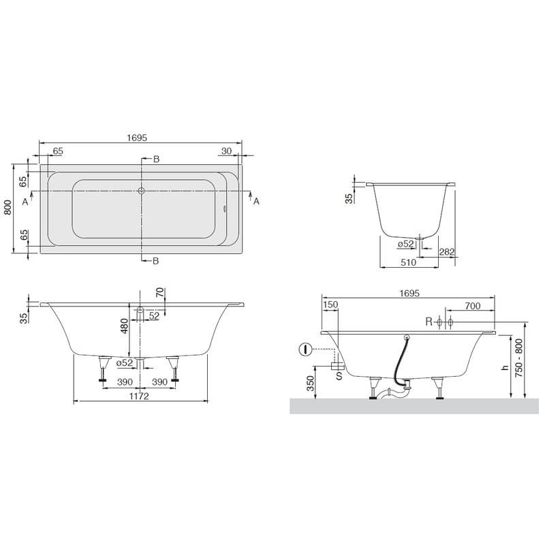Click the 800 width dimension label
tap(7, 207)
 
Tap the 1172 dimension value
tap(139, 396)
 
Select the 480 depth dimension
tap(125, 326)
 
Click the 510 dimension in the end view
tap(408, 262)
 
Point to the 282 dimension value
tap(447, 252)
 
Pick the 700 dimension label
tap(472, 306)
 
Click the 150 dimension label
tap(330, 305)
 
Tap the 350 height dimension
tap(311, 383)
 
